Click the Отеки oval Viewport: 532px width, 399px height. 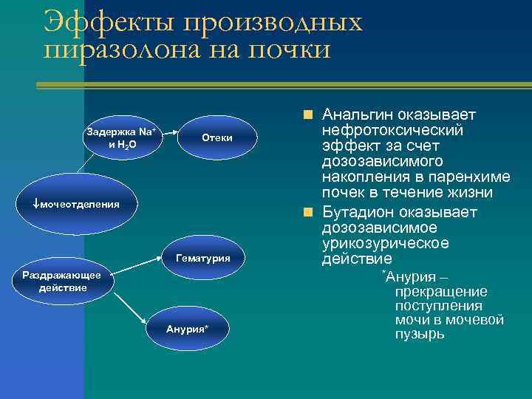(x=217, y=137)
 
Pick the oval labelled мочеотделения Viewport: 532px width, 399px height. (x=76, y=203)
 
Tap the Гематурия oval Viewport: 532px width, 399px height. (x=202, y=259)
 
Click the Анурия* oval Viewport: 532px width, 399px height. (x=187, y=329)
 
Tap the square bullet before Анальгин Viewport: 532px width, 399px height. (x=307, y=115)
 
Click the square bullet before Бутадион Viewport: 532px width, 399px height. (x=307, y=213)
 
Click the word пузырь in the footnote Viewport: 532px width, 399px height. (x=420, y=334)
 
